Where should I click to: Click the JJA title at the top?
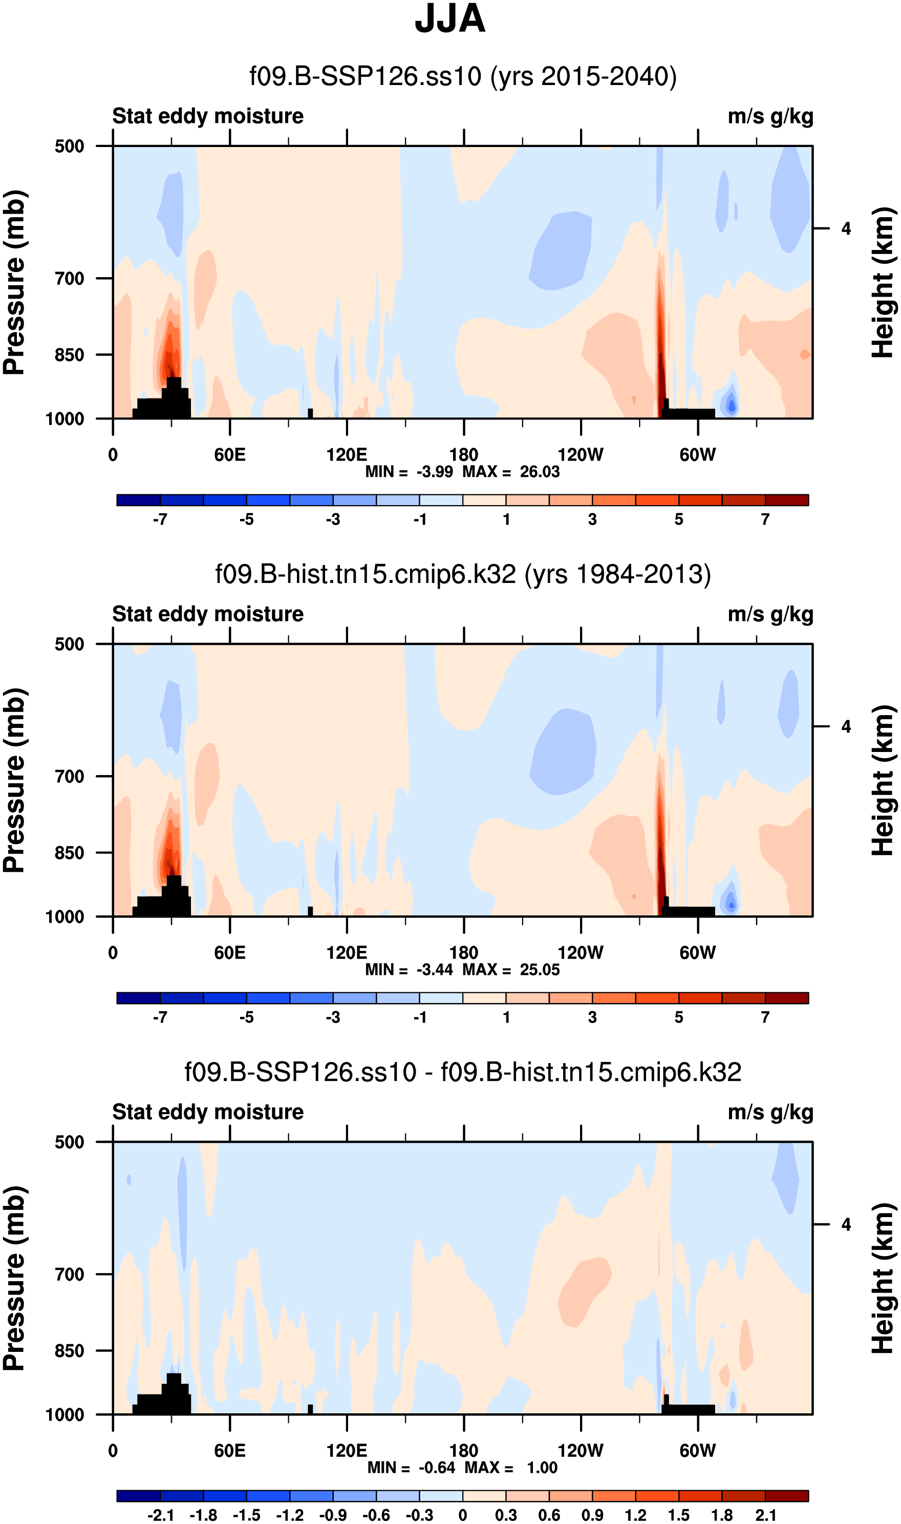tap(450, 19)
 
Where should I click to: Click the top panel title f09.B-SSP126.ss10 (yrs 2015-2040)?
tap(463, 76)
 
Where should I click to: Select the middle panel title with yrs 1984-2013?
tap(463, 574)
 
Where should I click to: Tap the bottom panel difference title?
tap(463, 1072)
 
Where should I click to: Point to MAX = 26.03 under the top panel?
tap(511, 472)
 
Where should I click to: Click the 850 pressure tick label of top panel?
tap(69, 354)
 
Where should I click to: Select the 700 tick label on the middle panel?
tap(69, 776)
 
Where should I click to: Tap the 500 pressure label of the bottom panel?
tap(69, 1142)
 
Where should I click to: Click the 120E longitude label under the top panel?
tap(347, 455)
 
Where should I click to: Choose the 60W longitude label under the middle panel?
tap(698, 952)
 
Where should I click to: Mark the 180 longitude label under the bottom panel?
tap(464, 1451)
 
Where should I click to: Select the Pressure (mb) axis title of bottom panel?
tap(14, 1278)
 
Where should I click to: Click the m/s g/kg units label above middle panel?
tap(770, 614)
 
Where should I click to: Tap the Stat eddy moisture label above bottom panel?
tap(208, 1112)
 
